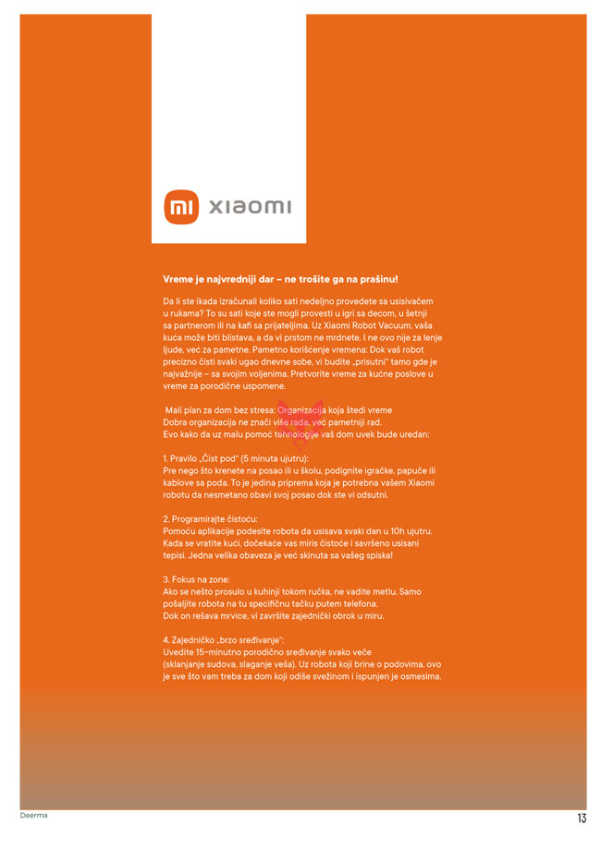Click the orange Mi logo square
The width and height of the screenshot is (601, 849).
pos(180,207)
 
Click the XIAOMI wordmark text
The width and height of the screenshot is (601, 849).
pos(248,207)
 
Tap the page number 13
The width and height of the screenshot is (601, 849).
pos(582,819)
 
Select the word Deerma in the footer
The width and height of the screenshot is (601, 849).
pos(34,816)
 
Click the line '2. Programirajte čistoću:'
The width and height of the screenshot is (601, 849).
pos(210,518)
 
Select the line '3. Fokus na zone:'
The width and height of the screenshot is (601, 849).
pos(196,579)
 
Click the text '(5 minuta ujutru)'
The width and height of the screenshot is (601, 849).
pos(274,458)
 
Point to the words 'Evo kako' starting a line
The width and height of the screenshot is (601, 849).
pos(179,433)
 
